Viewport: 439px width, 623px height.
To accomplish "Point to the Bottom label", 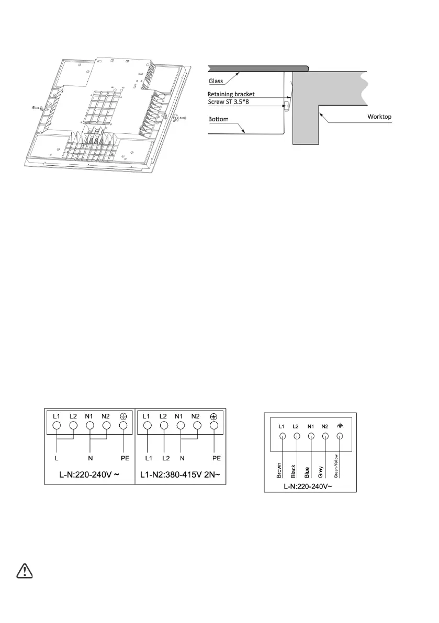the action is (218, 119).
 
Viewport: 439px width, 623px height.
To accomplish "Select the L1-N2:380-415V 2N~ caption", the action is (181, 477).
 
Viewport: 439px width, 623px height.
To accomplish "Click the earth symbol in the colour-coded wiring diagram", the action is (340, 426).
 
